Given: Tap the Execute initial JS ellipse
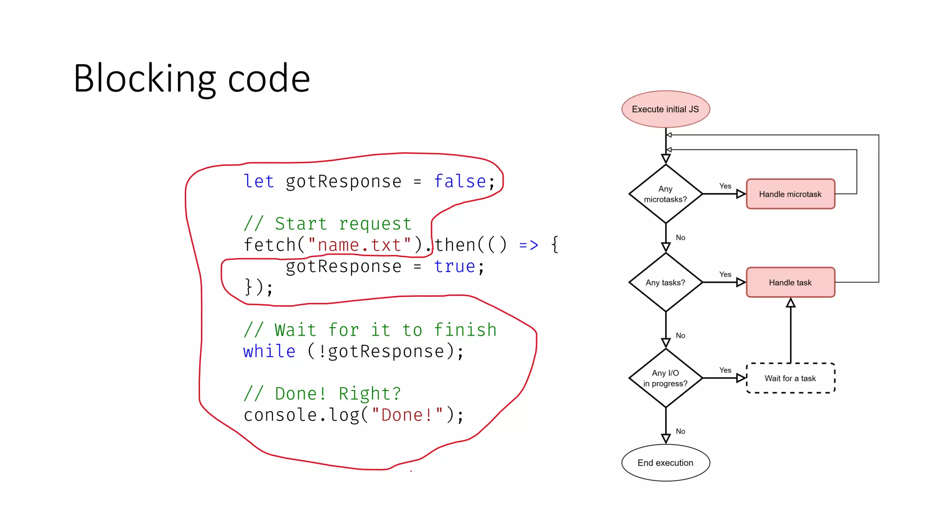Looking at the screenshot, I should [x=665, y=109].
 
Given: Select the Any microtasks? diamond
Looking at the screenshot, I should [x=665, y=194].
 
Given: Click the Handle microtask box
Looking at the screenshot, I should [x=790, y=194].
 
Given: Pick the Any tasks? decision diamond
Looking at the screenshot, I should [x=665, y=283].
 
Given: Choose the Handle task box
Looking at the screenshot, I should [x=790, y=283].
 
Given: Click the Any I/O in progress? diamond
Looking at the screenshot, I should [x=665, y=378].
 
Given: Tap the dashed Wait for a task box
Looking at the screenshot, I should [x=790, y=378].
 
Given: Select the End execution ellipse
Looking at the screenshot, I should [x=665, y=463].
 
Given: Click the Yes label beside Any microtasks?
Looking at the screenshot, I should [x=725, y=186].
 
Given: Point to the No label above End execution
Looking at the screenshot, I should [x=680, y=431].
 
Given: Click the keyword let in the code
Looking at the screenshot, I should [x=259, y=182].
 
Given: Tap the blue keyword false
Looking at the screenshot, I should [x=460, y=182].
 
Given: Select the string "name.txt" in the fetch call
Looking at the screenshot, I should [x=359, y=245].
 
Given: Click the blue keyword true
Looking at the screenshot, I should [x=454, y=266].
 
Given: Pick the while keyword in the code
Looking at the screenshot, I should [x=269, y=352].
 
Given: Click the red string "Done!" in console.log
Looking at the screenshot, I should [x=407, y=415].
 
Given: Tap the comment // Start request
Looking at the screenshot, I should [x=328, y=224].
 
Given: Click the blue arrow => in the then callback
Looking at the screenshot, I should [x=528, y=245].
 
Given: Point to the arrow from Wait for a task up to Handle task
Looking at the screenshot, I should [x=791, y=332].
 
